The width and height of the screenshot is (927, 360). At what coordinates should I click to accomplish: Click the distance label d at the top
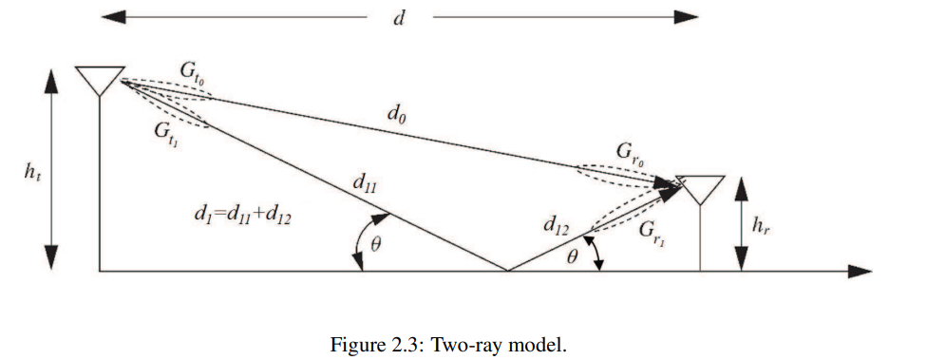point(398,18)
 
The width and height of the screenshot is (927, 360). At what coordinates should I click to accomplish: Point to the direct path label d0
point(397,113)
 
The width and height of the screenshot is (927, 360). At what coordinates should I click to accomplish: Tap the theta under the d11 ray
point(376,244)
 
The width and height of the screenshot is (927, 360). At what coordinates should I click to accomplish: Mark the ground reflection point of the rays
point(507,271)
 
